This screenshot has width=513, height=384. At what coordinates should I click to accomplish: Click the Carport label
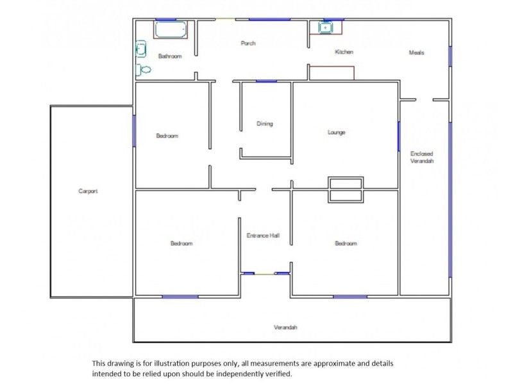(x=88, y=191)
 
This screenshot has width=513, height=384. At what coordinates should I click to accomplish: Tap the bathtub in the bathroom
(x=171, y=29)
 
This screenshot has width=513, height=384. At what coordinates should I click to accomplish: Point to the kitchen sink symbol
(x=326, y=28)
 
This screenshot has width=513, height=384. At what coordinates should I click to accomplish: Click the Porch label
(x=248, y=44)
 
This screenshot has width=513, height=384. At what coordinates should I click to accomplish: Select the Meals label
(x=417, y=52)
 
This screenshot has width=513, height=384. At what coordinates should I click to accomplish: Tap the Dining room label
(x=264, y=124)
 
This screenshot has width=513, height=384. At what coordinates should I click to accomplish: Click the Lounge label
(x=337, y=132)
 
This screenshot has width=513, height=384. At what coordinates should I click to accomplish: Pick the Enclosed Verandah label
(x=422, y=157)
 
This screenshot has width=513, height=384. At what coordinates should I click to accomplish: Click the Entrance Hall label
(x=263, y=236)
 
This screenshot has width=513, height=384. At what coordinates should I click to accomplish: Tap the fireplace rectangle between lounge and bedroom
(x=346, y=189)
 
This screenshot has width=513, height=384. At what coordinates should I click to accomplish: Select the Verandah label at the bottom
(x=285, y=327)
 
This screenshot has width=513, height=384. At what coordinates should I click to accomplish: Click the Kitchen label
(x=344, y=52)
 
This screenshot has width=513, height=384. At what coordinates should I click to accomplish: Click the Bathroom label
(x=170, y=56)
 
